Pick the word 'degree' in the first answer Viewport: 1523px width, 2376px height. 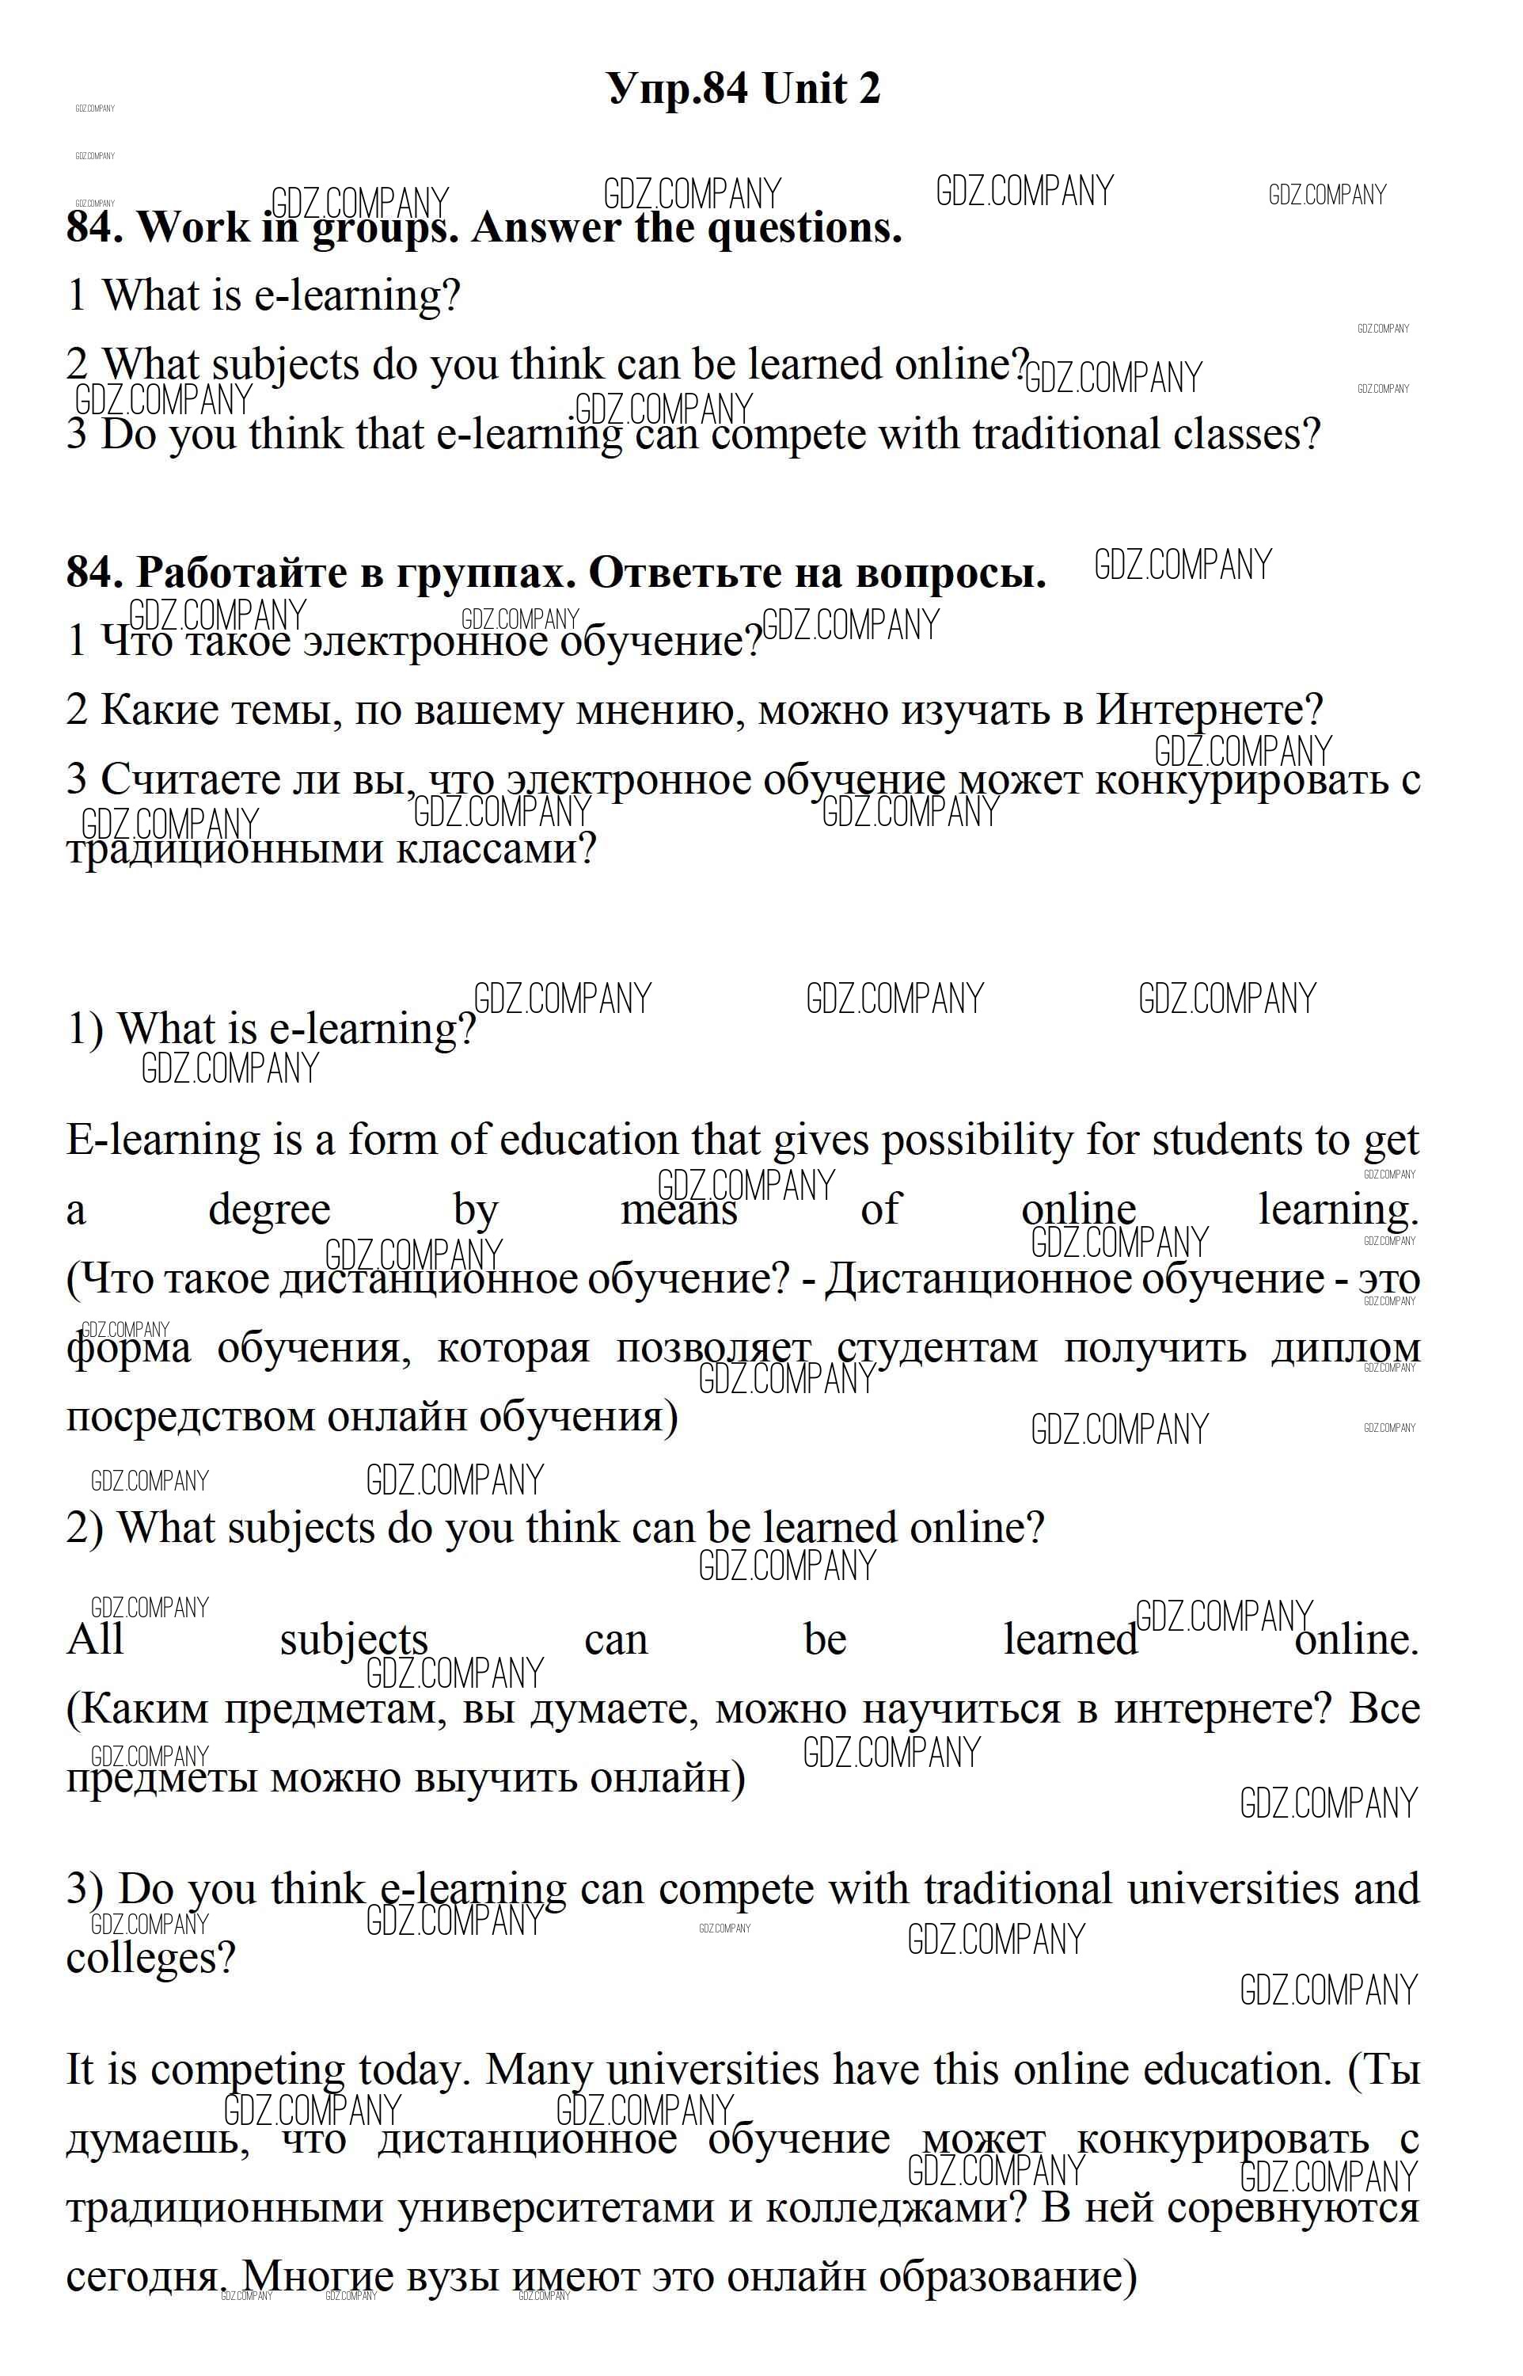(269, 1209)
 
